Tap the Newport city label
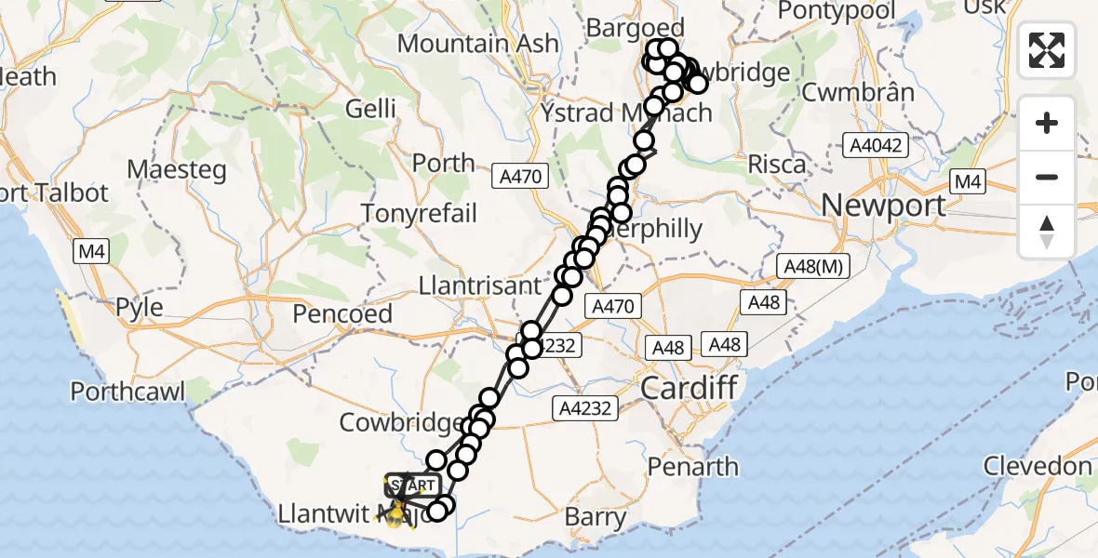pos(882,204)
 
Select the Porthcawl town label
pos(128,392)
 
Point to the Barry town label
pos(596,517)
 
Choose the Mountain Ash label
pos(478,43)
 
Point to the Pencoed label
pos(342,314)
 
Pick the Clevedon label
pos(1037,465)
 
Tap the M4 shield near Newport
pos(968,181)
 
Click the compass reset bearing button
pos(1047,232)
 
